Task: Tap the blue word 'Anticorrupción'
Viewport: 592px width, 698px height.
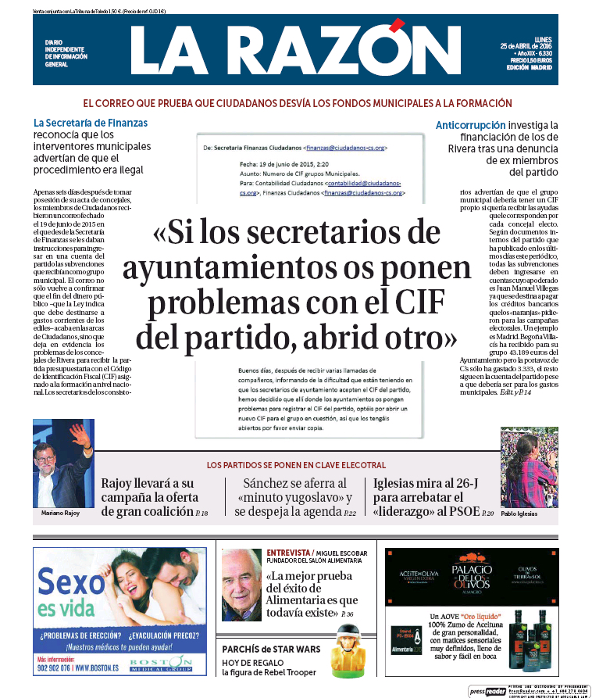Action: pyautogui.click(x=470, y=125)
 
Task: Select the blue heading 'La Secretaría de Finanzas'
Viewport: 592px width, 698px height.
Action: pyautogui.click(x=91, y=123)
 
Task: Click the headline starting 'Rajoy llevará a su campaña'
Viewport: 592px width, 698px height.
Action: pyautogui.click(x=150, y=497)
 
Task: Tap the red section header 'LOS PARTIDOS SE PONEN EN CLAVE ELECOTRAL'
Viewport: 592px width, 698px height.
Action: pyautogui.click(x=296, y=465)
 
